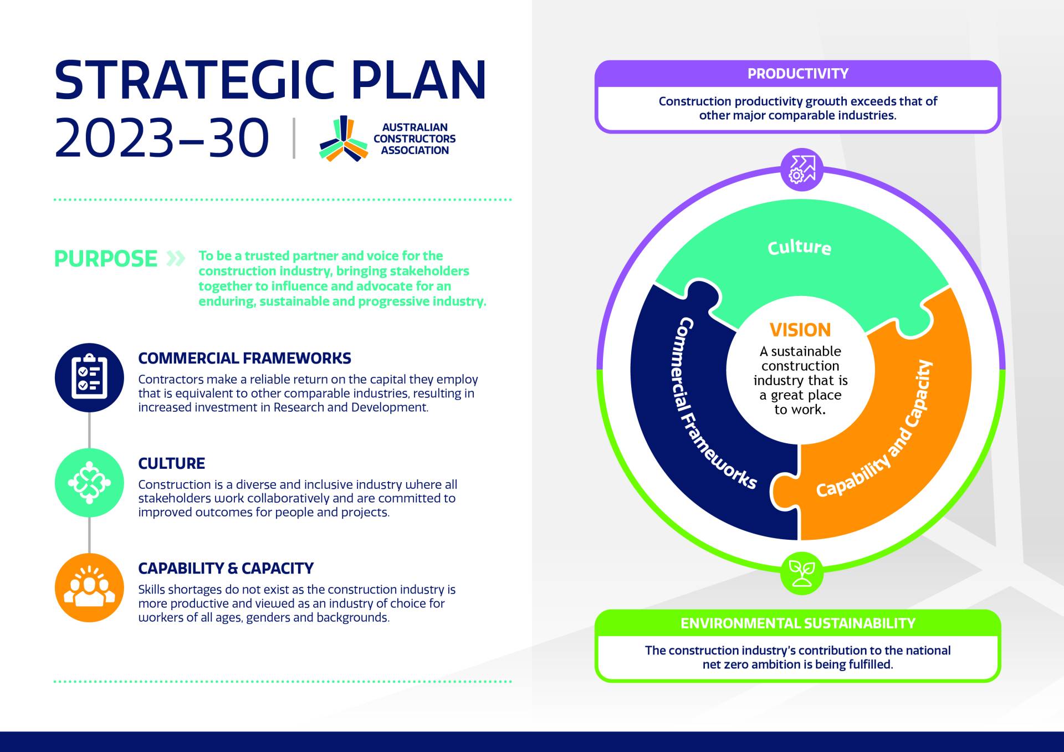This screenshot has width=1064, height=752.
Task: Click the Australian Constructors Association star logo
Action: tap(344, 139)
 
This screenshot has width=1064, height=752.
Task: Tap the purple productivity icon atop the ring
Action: tap(801, 170)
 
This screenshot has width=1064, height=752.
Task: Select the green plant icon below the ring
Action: tap(801, 573)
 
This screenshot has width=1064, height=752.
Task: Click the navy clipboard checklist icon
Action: tap(89, 377)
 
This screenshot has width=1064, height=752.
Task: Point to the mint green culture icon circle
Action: tap(89, 483)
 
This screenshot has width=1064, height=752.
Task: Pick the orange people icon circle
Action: tap(89, 587)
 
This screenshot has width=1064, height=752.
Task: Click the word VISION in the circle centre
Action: tap(800, 330)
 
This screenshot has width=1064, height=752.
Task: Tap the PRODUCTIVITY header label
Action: tap(798, 74)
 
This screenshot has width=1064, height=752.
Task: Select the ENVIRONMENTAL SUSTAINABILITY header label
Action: tap(798, 623)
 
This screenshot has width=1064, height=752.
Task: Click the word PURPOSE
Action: tap(106, 258)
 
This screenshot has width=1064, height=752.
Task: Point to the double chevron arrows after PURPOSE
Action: tap(176, 258)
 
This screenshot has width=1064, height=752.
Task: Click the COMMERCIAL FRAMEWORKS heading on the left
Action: tap(244, 359)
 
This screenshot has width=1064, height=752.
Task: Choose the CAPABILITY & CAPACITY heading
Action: tap(226, 569)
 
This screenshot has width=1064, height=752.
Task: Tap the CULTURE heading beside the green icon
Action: tap(171, 463)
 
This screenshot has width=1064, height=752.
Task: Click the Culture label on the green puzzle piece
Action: tap(799, 247)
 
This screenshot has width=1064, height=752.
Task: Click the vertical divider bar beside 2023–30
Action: tap(294, 138)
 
